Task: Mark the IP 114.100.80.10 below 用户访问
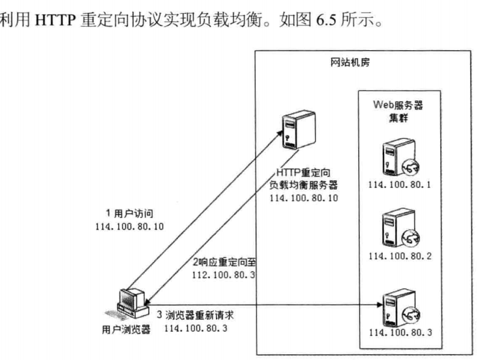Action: (129, 226)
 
